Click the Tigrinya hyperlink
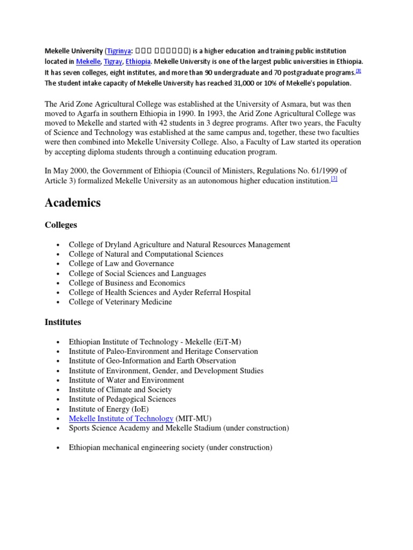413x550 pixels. pyautogui.click(x=119, y=51)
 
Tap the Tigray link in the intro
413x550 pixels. pyautogui.click(x=112, y=62)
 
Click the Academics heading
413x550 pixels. pyautogui.click(x=73, y=202)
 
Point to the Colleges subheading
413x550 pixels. pyautogui.click(x=61, y=225)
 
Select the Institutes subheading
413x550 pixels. pyautogui.click(x=63, y=322)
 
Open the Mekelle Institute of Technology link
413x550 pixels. pyautogui.click(x=121, y=418)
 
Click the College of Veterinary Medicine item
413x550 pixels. pyautogui.click(x=120, y=302)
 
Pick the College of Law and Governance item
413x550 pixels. pyautogui.click(x=122, y=264)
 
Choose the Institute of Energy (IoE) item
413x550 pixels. pyautogui.click(x=109, y=409)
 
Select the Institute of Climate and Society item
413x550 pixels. pyautogui.click(x=120, y=389)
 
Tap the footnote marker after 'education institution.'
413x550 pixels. pyautogui.click(x=334, y=179)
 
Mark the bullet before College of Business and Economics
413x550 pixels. pyautogui.click(x=58, y=283)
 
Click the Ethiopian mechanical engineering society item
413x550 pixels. pyautogui.click(x=170, y=447)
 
